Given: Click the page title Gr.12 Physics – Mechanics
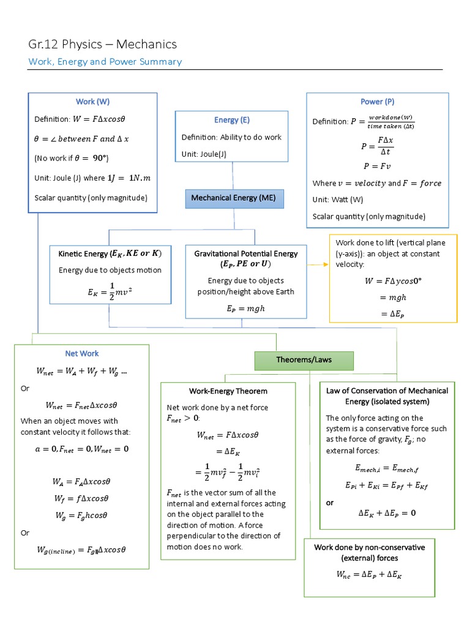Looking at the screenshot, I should coord(103,44).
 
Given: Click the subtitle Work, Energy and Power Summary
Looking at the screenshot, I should coord(105,62).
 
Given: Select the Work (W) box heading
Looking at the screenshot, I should coord(92,102).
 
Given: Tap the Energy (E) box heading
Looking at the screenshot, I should coord(231,120).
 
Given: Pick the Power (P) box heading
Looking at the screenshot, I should coord(377,102).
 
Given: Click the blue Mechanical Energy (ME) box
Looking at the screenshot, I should coord(233,198).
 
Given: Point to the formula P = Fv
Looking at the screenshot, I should coord(377,166).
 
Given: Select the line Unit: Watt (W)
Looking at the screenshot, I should coord(338,200).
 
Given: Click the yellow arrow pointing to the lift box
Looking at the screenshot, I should coord(317,265).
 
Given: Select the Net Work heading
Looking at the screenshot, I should coord(81,353).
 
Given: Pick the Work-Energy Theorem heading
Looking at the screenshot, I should coord(228,391).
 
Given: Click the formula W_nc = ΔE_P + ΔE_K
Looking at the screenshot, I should coord(368,574).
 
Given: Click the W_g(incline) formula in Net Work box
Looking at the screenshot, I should coord(81,549).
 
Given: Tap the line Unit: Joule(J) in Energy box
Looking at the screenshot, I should coord(204,154).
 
